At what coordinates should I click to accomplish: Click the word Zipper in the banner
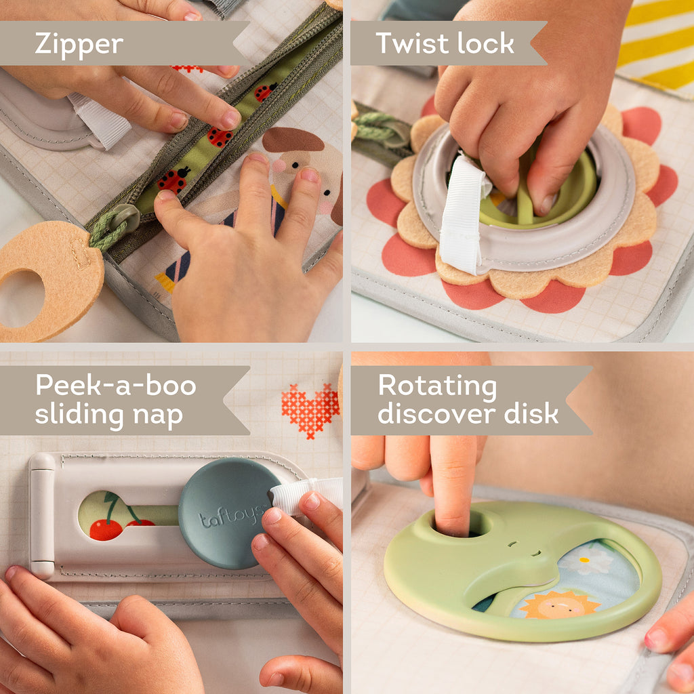coord(79,45)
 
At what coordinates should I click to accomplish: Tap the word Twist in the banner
coord(408,43)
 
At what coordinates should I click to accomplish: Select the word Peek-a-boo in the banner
coord(116,386)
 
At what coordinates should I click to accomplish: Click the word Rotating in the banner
coord(437,386)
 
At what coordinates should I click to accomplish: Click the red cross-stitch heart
coord(310,409)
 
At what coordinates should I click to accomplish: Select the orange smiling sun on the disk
coord(560,604)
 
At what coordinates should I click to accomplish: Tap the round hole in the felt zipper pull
coord(20,298)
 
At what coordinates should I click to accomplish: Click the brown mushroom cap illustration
coord(293,140)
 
